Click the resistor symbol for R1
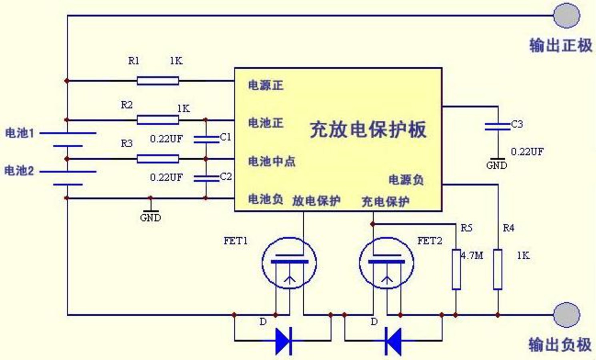point(158,81)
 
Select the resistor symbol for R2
point(158,120)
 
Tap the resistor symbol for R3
point(158,159)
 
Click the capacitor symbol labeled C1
point(206,139)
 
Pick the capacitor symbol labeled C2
point(206,178)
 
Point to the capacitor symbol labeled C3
point(498,126)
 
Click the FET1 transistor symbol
point(289,263)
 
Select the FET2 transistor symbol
point(386,263)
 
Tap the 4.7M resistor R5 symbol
point(456,269)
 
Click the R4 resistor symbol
point(497,269)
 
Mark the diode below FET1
point(284,341)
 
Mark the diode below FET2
point(393,341)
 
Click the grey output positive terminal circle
point(566,16)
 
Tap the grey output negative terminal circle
point(566,315)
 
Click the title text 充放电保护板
point(368,129)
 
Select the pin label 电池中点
point(272,161)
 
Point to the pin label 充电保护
point(385,201)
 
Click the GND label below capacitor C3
point(496,165)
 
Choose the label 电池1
point(20,133)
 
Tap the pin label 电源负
point(406,180)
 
